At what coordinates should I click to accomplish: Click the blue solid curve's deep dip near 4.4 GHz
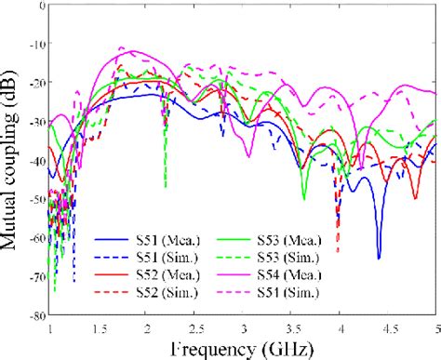[x=379, y=258]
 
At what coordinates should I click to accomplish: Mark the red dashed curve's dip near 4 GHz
[x=338, y=251]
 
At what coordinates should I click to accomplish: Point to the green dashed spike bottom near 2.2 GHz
[x=166, y=186]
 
